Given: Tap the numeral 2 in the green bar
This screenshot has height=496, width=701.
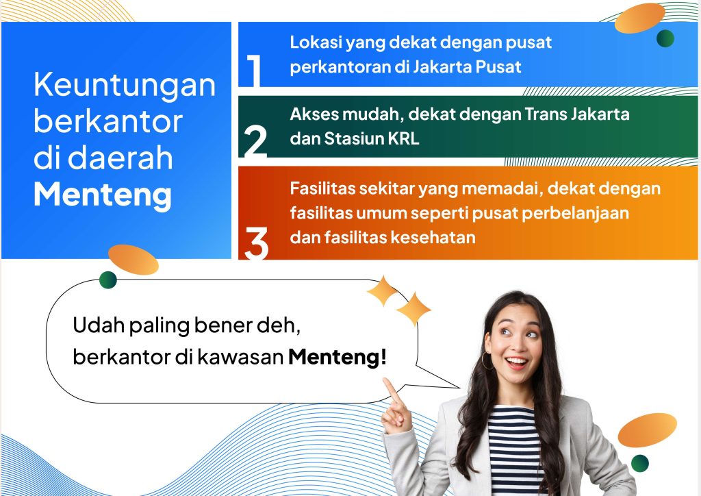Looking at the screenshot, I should coord(255,142).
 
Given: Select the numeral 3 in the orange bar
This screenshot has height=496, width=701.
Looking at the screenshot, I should coord(256,243).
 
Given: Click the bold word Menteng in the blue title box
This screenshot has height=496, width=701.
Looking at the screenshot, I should coord(103,194).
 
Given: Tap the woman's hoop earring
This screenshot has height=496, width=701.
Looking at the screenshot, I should coord(487,360).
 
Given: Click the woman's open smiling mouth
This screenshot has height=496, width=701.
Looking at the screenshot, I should coord(517,362).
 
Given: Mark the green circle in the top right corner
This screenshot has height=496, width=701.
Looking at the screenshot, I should coord(665,38).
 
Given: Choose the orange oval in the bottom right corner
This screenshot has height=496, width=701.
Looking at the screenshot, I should coord(647,430).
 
